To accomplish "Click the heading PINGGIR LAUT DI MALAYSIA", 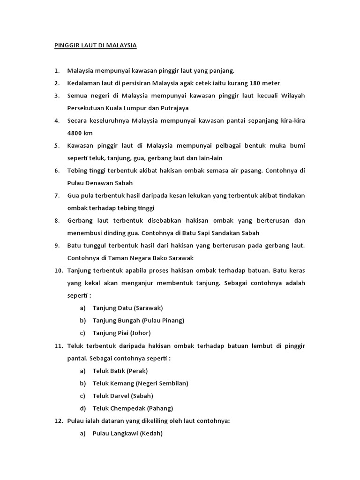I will coord(93,45).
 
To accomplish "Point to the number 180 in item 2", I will coord(256,83).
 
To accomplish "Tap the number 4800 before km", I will coord(75,133).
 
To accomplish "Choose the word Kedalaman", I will coord(85,83).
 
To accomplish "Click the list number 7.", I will coord(56,195).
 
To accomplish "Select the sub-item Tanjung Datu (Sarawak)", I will coord(127,307).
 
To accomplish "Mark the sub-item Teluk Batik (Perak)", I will coord(120,370).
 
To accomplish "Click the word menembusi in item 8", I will coord(85,232).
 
